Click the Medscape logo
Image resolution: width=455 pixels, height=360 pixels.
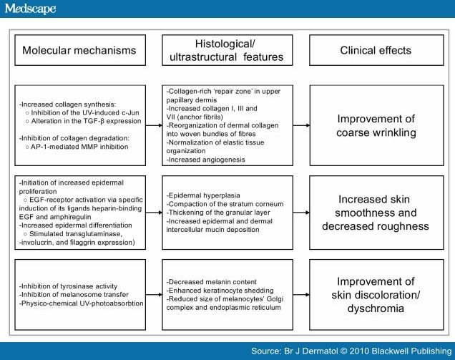pos(31,9)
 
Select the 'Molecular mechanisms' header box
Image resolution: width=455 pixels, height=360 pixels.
pos(80,50)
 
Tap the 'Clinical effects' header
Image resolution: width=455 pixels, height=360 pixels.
pos(376,50)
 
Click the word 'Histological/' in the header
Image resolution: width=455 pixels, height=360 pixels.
pos(225,44)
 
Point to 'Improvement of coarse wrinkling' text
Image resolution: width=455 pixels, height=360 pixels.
pos(376,125)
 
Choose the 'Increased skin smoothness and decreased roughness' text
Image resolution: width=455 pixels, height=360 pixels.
pos(376,213)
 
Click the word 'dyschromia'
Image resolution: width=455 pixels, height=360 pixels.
pos(376,308)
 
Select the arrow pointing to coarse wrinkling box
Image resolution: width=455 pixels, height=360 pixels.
pos(301,125)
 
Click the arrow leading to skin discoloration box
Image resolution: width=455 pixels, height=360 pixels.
pos(301,295)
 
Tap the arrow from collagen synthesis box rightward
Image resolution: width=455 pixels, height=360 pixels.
pos(154,125)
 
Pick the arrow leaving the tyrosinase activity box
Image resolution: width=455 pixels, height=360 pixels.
pos(154,295)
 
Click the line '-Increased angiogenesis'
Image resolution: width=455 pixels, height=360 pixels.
pos(205,160)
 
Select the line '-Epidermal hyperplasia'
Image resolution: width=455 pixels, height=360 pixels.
pos(203,195)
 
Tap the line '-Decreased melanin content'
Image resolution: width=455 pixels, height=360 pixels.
pos(211,282)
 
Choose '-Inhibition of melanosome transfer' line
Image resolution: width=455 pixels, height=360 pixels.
pos(74,294)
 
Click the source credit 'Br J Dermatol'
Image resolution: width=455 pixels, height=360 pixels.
pos(310,351)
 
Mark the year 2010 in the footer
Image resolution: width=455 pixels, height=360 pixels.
pos(359,351)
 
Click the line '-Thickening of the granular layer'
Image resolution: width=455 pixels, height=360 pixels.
pos(218,213)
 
